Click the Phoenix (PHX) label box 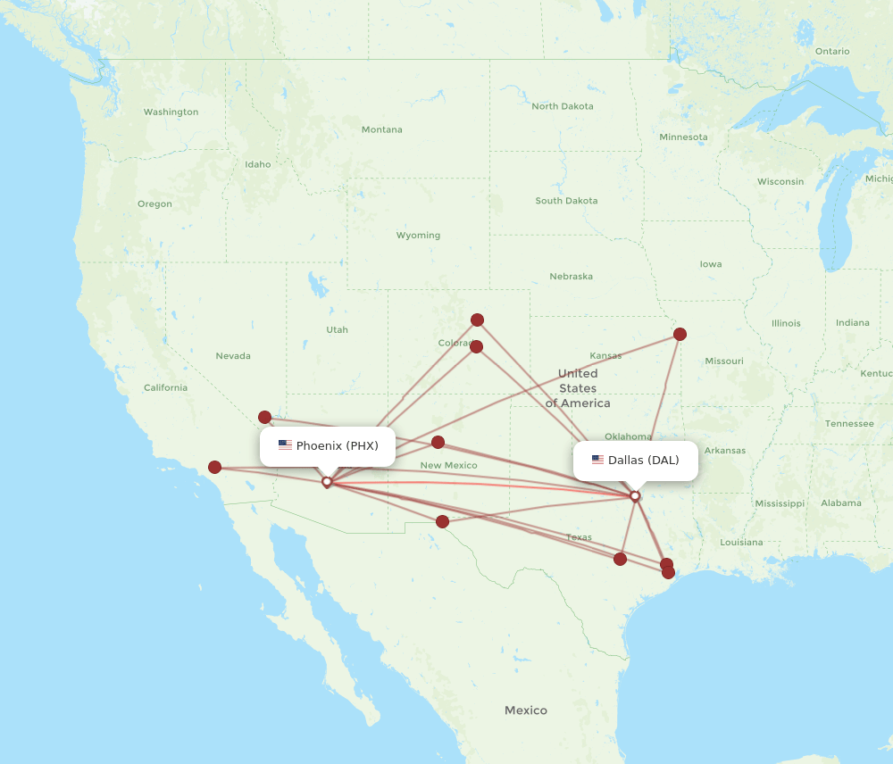(327, 445)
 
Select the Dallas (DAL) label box (635, 461)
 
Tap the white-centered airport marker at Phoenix (327, 482)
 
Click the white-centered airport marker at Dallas (635, 496)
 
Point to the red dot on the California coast (215, 467)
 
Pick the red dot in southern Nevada (265, 417)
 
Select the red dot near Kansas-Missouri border (680, 335)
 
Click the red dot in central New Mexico (438, 442)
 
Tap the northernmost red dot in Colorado (478, 320)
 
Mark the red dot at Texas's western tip (442, 521)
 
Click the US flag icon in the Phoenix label (285, 445)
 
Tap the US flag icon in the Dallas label (597, 461)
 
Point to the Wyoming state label (418, 236)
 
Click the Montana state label (381, 129)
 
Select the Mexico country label (525, 710)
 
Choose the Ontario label (832, 51)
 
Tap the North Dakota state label (562, 106)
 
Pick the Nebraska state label (571, 276)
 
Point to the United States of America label (578, 388)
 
